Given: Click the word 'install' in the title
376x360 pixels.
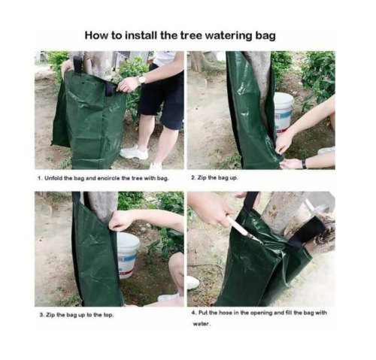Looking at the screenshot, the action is (141, 35).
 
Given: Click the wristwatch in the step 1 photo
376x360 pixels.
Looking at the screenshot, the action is (142, 80).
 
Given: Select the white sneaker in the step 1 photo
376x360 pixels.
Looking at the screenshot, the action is (134, 152).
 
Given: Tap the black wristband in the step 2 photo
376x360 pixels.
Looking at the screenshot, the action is (304, 164).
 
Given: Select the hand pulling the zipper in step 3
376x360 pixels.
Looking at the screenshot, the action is (118, 221).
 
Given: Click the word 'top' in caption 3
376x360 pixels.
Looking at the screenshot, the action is (108, 315).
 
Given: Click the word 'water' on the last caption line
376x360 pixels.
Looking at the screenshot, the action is (202, 324).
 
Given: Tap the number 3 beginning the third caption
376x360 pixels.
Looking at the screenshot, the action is (41, 315).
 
